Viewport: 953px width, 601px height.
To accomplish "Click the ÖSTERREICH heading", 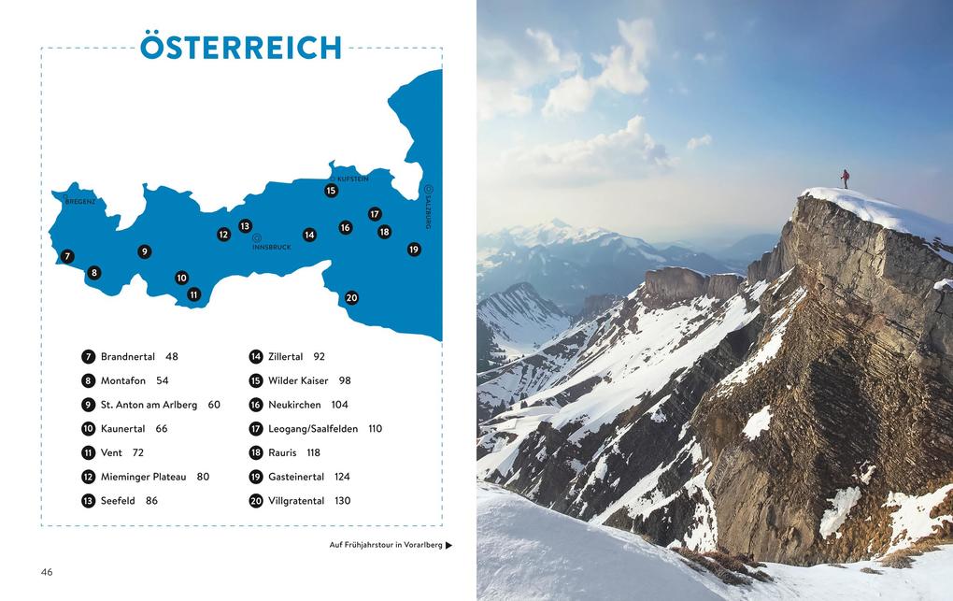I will click(241, 47).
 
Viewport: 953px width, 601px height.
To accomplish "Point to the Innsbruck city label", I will click(272, 247).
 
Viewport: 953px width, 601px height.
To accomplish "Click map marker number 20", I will click(351, 298).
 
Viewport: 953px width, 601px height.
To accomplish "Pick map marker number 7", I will click(66, 256).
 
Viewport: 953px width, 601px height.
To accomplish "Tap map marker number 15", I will click(331, 191).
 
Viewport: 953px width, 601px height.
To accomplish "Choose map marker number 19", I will click(414, 250).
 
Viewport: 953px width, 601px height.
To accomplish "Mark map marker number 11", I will click(193, 294).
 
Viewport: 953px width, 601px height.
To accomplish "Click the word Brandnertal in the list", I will click(128, 357).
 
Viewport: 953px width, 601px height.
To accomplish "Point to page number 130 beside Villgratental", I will click(342, 501).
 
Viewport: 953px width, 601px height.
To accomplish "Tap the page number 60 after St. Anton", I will click(214, 405).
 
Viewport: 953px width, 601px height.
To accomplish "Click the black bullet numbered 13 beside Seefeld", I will click(89, 501).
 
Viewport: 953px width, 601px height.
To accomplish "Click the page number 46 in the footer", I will click(47, 571).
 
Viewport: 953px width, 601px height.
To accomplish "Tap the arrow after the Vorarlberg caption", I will click(448, 545).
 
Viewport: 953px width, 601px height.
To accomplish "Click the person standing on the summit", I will click(845, 179).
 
